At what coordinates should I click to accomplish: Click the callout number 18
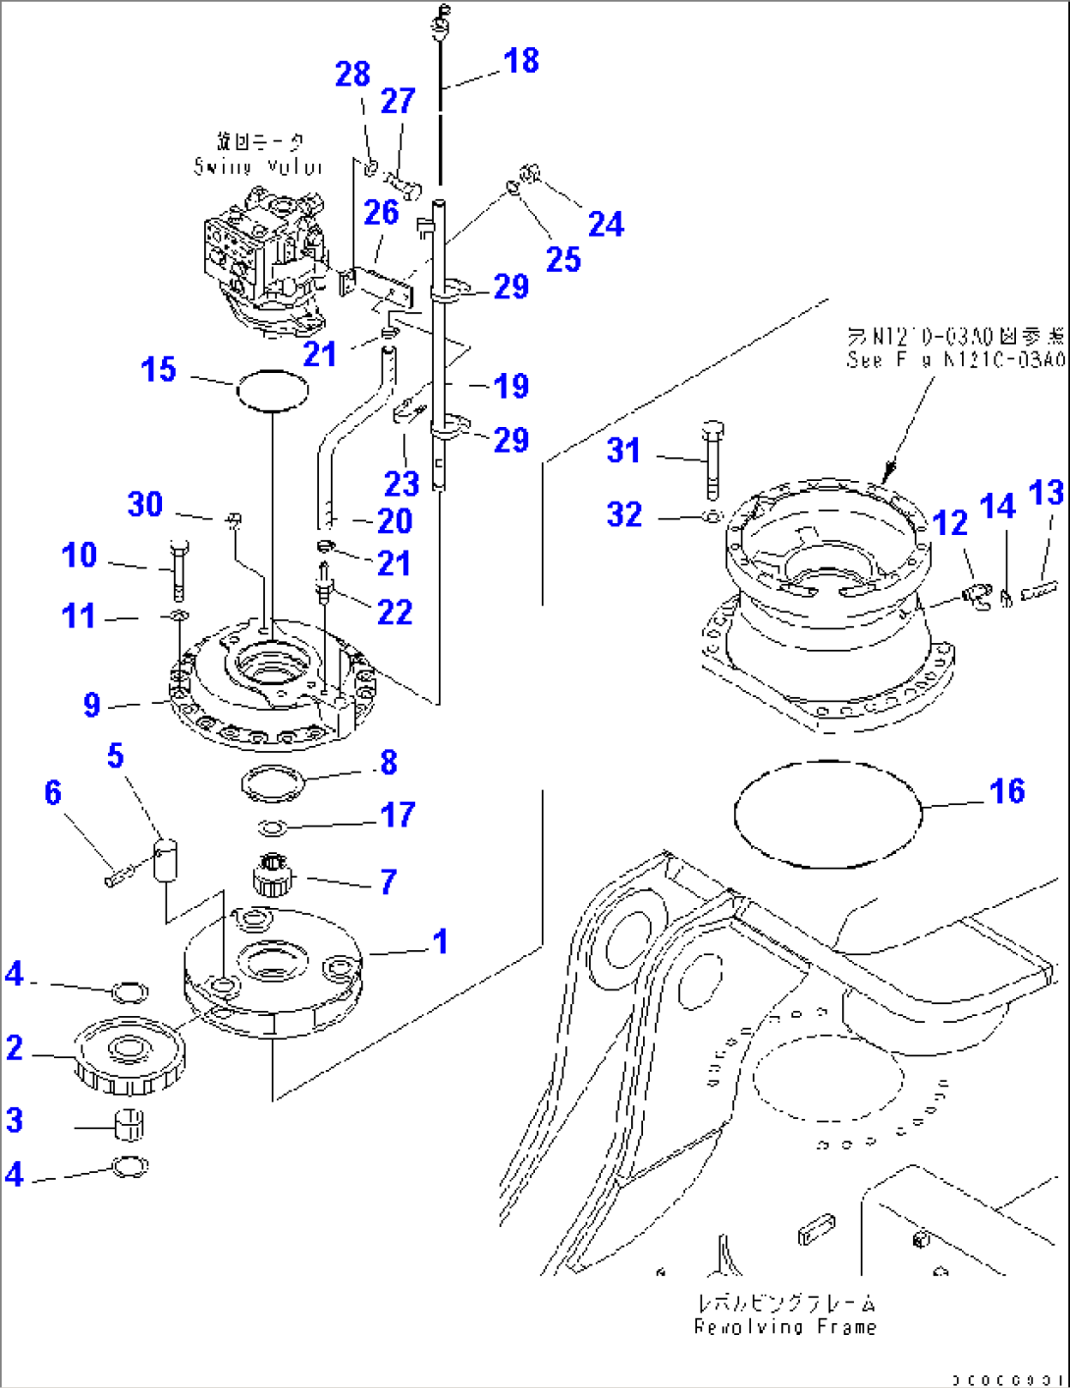pos(521,61)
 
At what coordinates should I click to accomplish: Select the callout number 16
pos(1007,791)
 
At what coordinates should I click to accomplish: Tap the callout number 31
pos(623,451)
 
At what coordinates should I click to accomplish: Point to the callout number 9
pos(91,704)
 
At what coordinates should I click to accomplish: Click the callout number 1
pos(440,941)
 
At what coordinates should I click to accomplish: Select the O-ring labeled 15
pos(272,392)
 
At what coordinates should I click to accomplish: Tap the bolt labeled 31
pos(714,458)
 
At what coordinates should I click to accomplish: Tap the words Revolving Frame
pos(784,1326)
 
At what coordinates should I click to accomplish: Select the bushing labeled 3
pos(130,1125)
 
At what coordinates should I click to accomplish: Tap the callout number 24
pos(605,224)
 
